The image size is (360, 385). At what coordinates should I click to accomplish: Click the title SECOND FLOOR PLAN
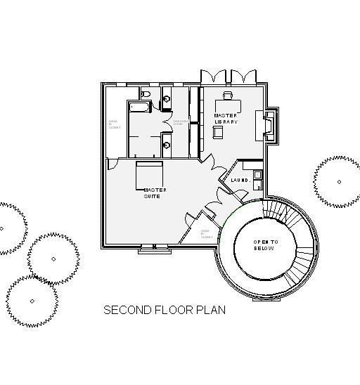pyautogui.click(x=165, y=310)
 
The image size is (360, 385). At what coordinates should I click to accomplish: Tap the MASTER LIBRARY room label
pyautogui.click(x=226, y=119)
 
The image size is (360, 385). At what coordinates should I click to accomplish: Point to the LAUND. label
pyautogui.click(x=240, y=181)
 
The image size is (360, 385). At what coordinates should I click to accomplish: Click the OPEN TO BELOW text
pyautogui.click(x=266, y=245)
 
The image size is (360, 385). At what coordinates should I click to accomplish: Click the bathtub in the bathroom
pyautogui.click(x=139, y=106)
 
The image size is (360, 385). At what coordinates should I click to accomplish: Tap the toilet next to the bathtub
pyautogui.click(x=146, y=93)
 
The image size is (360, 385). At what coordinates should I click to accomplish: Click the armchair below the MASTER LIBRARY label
pyautogui.click(x=219, y=132)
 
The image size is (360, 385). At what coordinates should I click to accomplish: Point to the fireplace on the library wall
pyautogui.click(x=269, y=124)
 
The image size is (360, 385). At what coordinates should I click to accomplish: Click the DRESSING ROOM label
pyautogui.click(x=180, y=122)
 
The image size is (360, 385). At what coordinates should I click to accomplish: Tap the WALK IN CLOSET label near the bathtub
pyautogui.click(x=114, y=125)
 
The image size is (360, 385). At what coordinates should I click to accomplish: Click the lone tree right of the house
pyautogui.click(x=338, y=182)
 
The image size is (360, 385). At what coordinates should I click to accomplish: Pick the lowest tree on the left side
pyautogui.click(x=32, y=301)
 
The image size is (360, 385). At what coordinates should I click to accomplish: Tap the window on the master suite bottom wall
pyautogui.click(x=155, y=247)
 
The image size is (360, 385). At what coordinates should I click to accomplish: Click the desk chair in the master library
pyautogui.click(x=228, y=95)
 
